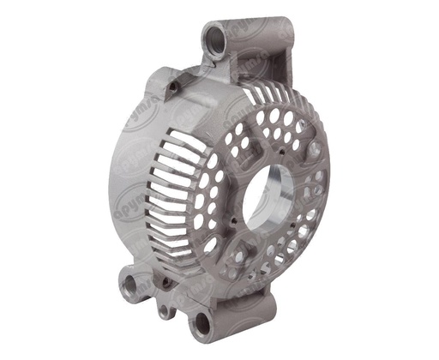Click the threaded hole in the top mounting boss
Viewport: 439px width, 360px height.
(213, 38)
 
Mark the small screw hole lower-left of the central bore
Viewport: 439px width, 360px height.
(233, 228)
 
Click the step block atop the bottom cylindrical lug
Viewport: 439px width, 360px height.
(256, 296)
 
